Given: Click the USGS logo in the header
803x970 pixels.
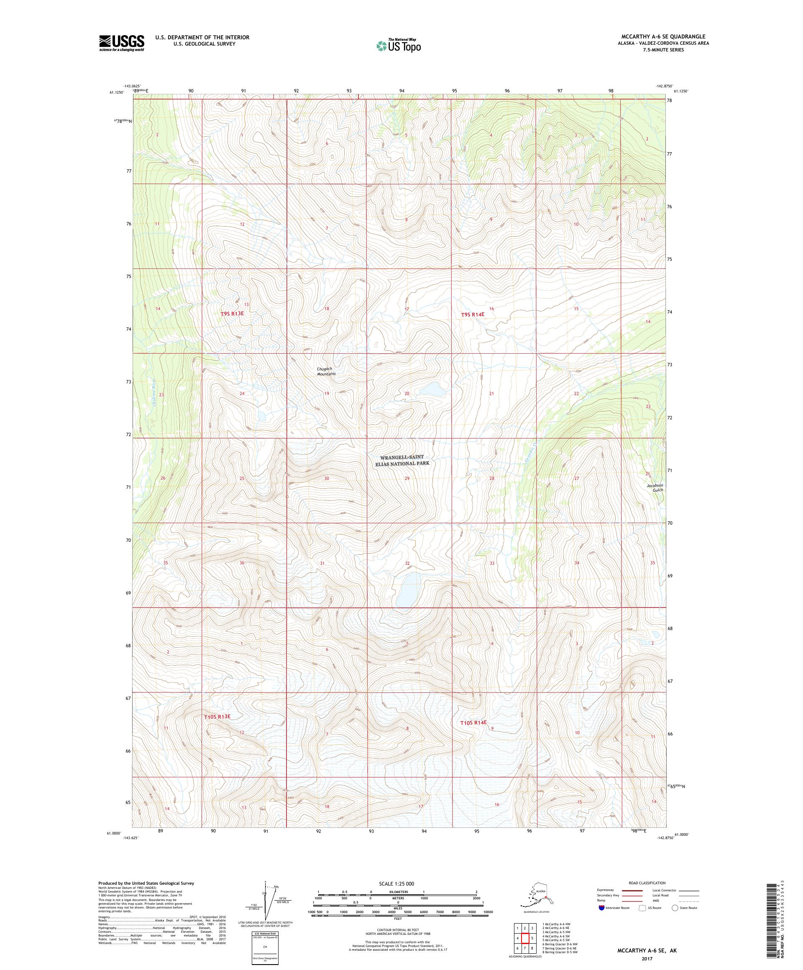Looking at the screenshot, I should tap(121, 43).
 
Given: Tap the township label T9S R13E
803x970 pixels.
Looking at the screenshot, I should tap(232, 313).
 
